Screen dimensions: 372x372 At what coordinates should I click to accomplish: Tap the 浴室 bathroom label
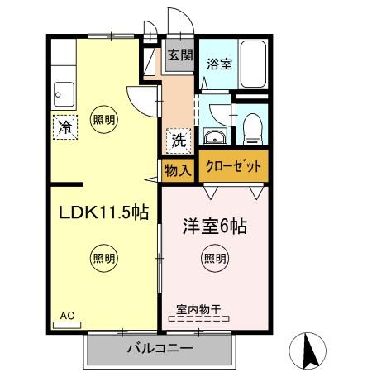219,63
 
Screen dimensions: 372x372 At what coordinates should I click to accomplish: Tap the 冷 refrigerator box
64,127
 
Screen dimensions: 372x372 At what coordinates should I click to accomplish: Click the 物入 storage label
178,170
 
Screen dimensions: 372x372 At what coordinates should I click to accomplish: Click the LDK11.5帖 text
103,212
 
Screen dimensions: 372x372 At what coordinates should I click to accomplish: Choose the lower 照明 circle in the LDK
103,257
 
